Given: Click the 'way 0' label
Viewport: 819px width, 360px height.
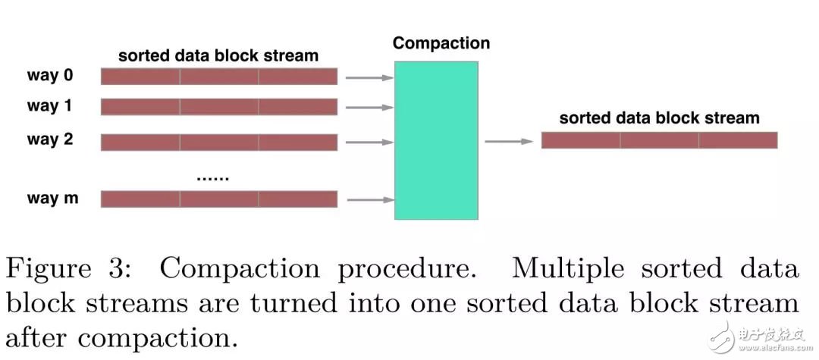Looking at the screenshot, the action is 50,76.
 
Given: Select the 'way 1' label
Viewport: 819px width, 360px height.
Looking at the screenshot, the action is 49,106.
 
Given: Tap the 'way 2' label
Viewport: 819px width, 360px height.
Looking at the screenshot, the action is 50,139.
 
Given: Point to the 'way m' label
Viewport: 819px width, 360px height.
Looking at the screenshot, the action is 53,199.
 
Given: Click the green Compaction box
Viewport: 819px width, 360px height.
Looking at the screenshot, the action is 436,140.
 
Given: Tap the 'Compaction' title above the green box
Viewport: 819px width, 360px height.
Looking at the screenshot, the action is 441,42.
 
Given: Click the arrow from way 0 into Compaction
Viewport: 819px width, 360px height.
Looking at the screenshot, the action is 370,78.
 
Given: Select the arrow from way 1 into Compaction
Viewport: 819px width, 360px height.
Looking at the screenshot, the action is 370,108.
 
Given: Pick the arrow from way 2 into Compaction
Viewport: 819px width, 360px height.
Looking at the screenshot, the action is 370,142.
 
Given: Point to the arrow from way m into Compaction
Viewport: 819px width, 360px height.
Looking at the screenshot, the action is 370,200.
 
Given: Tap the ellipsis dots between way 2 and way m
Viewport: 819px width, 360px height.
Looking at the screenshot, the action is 213,179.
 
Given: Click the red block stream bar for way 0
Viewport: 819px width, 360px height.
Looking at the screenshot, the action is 219,77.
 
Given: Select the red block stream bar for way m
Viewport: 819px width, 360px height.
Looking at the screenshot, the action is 219,199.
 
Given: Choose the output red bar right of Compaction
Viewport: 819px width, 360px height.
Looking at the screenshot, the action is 659,139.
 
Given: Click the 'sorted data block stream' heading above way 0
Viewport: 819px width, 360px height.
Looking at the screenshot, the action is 218,55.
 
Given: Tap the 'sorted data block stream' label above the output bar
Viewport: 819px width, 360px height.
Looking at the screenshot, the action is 659,118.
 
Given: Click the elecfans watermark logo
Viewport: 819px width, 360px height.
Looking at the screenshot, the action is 758,337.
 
